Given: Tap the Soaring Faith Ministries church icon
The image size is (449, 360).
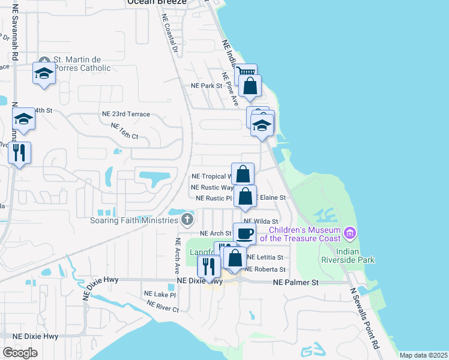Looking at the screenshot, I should (188, 219).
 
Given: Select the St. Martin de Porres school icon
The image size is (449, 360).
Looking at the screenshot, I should (44, 74).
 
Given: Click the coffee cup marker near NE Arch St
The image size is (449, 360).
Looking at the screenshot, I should (244, 233).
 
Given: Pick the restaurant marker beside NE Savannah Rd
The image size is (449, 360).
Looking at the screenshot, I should (19, 154).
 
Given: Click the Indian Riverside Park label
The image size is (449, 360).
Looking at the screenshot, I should (356, 255).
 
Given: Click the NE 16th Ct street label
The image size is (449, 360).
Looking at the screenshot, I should (124, 131).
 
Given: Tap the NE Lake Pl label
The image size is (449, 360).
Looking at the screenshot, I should (160, 295).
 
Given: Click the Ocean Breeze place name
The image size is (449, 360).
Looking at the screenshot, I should (157, 3).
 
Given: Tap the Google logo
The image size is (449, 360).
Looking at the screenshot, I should (20, 352).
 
